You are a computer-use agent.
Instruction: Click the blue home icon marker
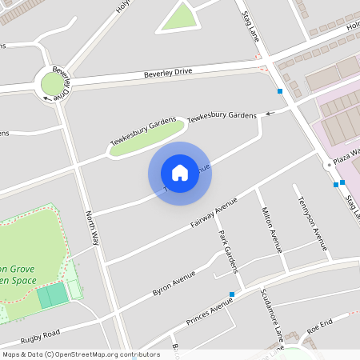tap(180, 173)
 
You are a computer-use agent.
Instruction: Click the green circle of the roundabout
tap(54, 84)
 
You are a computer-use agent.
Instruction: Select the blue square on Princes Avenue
tap(232, 294)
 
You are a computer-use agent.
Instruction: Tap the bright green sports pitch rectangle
tap(53, 295)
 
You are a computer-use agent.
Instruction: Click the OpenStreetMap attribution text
tap(80, 354)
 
